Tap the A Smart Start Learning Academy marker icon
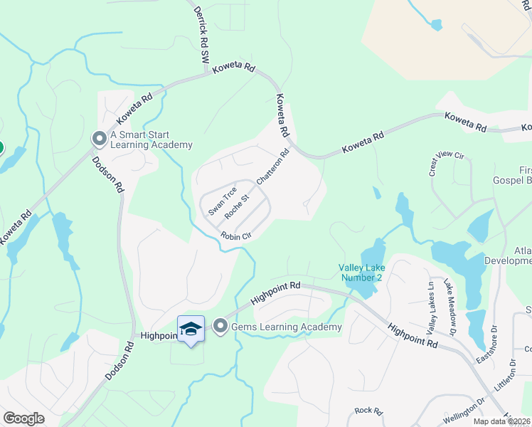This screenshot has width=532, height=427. pyautogui.click(x=98, y=139)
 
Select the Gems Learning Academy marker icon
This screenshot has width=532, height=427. pyautogui.click(x=220, y=327)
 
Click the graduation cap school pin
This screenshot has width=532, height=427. pyautogui.click(x=191, y=329)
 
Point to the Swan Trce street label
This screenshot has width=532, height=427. pyautogui.click(x=222, y=201)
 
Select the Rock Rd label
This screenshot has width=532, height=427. pyautogui.click(x=369, y=411)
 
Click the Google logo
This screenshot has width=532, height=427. pyautogui.click(x=24, y=418)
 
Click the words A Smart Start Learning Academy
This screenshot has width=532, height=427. pyautogui.click(x=151, y=139)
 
